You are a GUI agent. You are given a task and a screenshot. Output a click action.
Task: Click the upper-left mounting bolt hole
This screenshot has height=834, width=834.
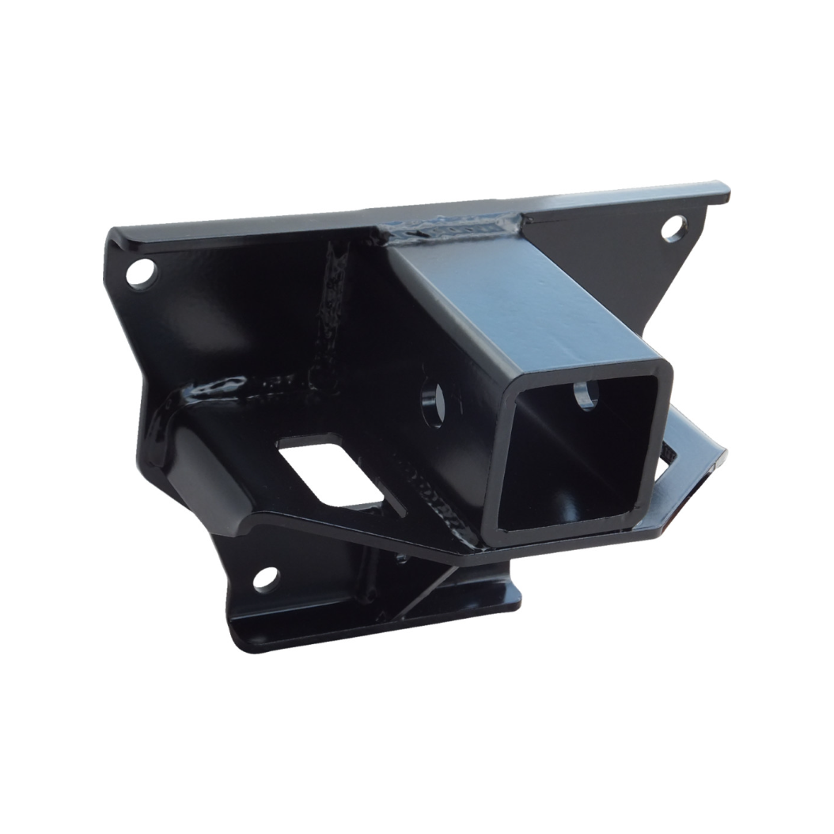tap(143, 275)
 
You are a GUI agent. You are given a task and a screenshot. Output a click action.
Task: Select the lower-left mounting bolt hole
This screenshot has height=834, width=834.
tap(267, 578)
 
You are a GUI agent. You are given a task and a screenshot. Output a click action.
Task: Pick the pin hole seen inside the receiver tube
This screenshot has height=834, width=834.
tap(586, 393)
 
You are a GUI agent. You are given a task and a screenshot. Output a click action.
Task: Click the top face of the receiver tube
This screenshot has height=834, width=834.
tap(522, 297)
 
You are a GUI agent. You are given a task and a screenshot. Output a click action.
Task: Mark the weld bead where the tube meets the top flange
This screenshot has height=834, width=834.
tap(451, 230)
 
